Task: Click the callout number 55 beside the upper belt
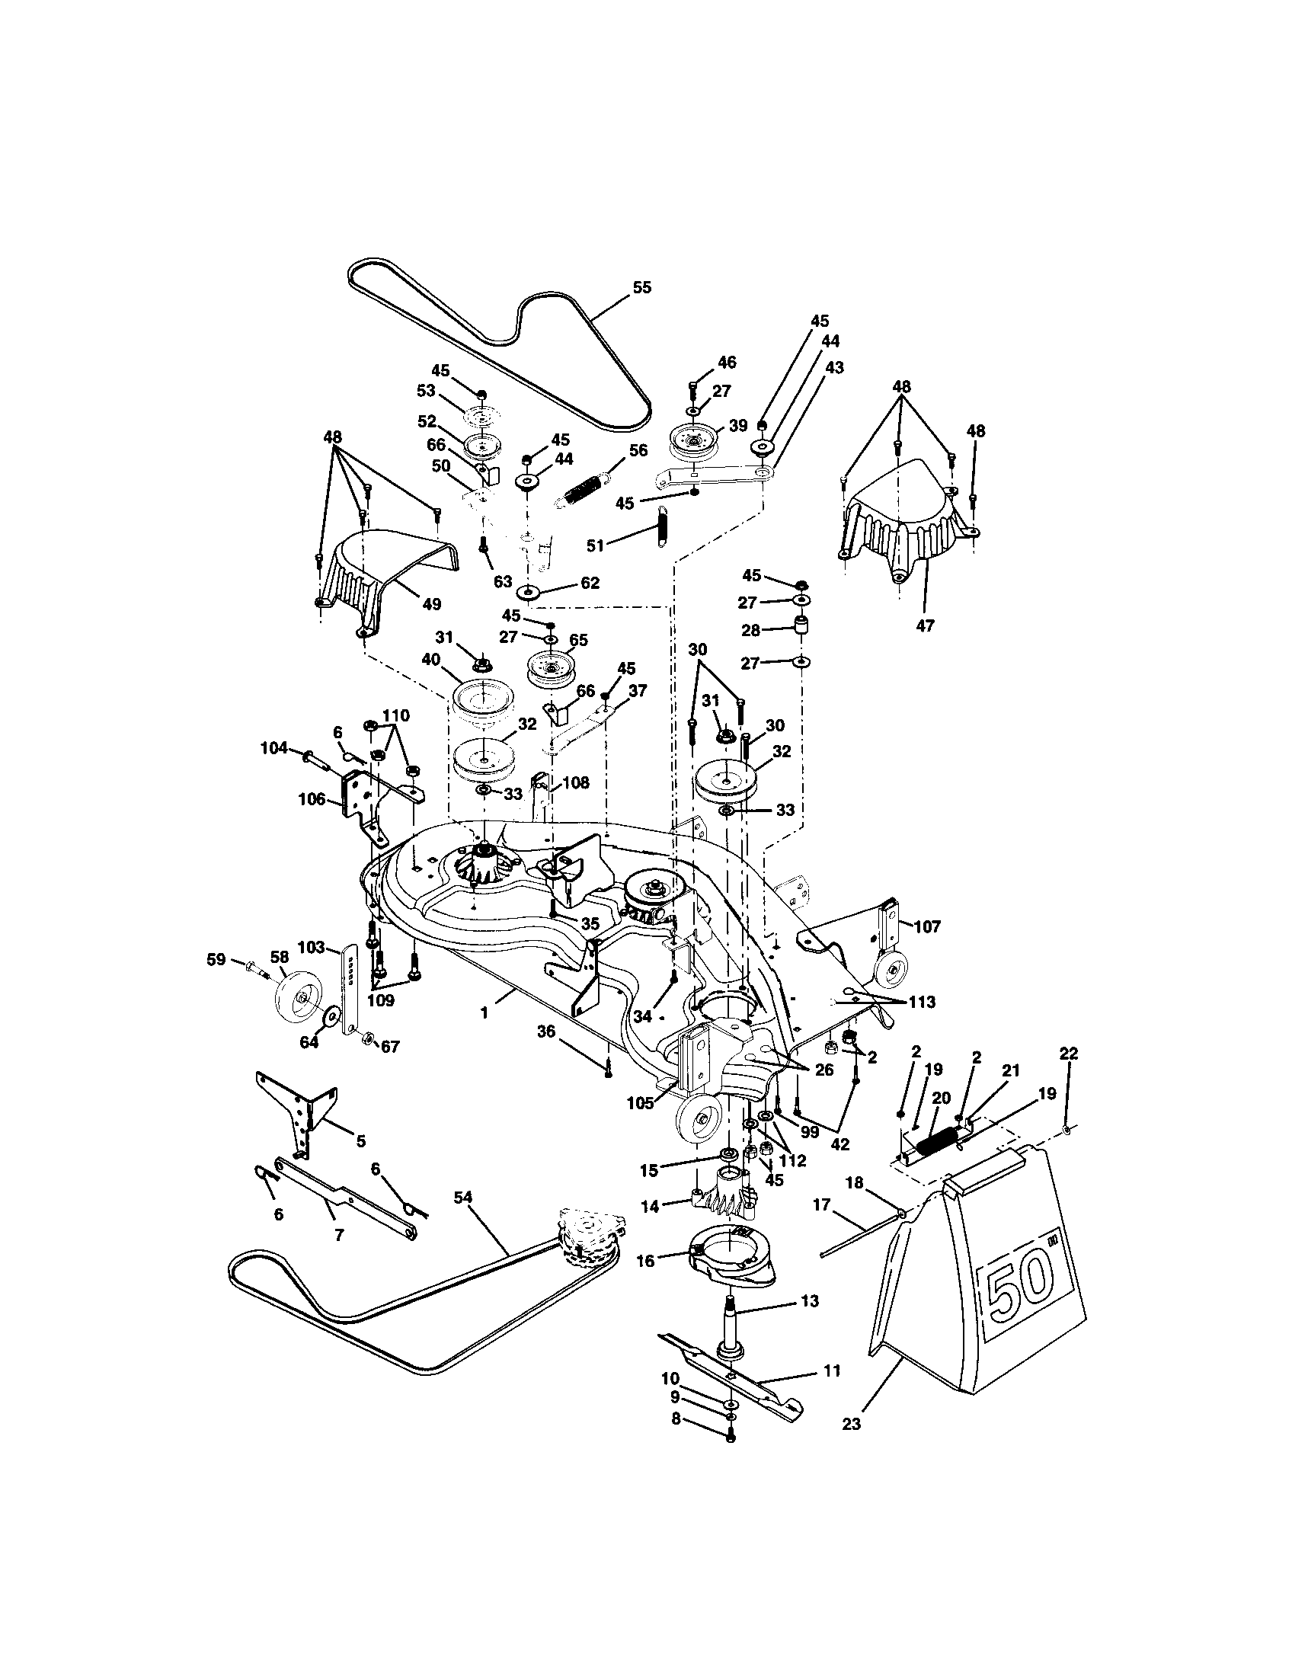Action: point(641,287)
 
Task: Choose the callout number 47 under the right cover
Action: point(926,626)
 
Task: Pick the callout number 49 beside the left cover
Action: point(431,604)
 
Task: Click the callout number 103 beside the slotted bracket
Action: point(311,948)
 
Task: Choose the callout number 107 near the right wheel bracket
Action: point(927,926)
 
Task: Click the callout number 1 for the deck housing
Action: point(484,1014)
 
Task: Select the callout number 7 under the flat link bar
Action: point(338,1236)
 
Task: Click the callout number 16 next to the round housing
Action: point(645,1260)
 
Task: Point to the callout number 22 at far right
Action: point(1068,1054)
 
